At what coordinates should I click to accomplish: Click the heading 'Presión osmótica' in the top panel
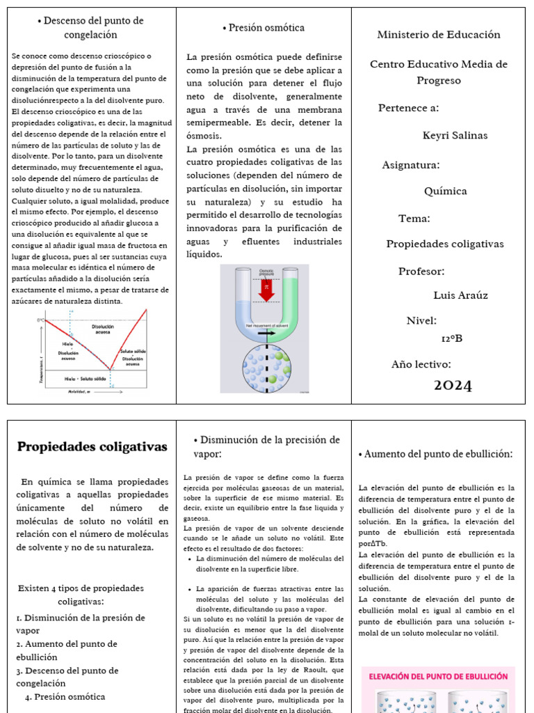point(264,28)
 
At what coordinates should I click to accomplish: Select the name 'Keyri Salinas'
point(455,135)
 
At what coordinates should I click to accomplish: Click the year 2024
point(453,386)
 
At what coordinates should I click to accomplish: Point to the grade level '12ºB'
point(451,338)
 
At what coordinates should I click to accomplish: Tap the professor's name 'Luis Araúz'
point(460,295)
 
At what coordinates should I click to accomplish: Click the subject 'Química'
point(445,191)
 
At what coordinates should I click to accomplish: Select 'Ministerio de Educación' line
point(438,34)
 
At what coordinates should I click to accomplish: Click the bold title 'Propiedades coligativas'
point(92,446)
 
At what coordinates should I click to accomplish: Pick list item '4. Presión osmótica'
point(65,696)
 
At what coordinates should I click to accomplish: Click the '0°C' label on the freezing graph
point(40,320)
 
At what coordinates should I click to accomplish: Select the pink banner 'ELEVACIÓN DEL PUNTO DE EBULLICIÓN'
point(438,675)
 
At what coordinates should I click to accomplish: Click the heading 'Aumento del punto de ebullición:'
point(436,454)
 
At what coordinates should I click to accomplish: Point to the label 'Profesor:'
point(421,271)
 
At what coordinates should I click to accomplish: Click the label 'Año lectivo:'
point(421,364)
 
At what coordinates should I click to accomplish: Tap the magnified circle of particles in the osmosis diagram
point(266,368)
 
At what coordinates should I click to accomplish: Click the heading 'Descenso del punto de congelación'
point(90,28)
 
